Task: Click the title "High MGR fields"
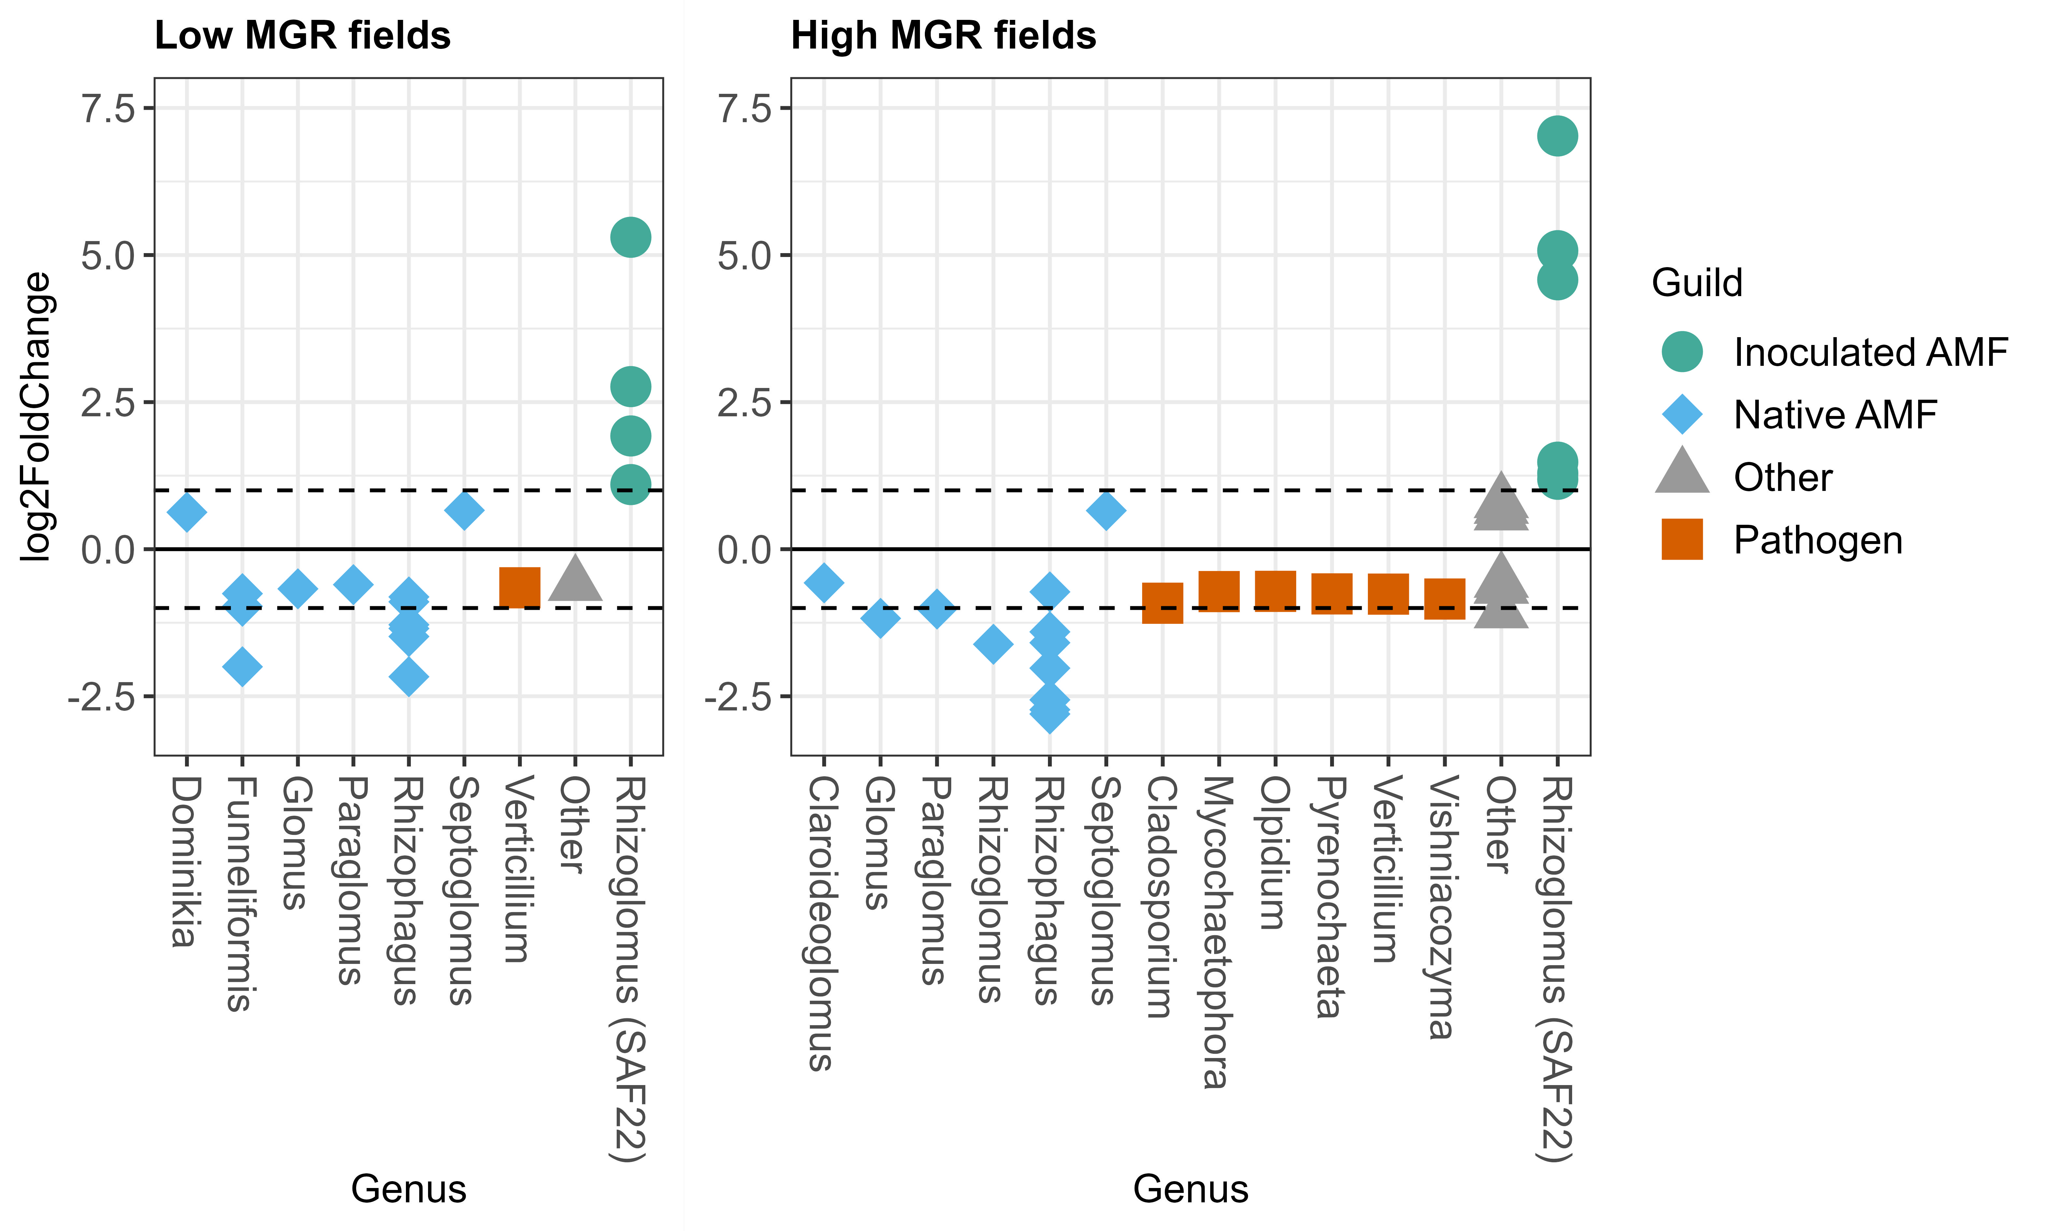coord(943,36)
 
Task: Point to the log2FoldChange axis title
coord(37,417)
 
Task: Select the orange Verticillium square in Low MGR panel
coord(520,587)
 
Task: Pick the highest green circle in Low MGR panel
coord(630,237)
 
